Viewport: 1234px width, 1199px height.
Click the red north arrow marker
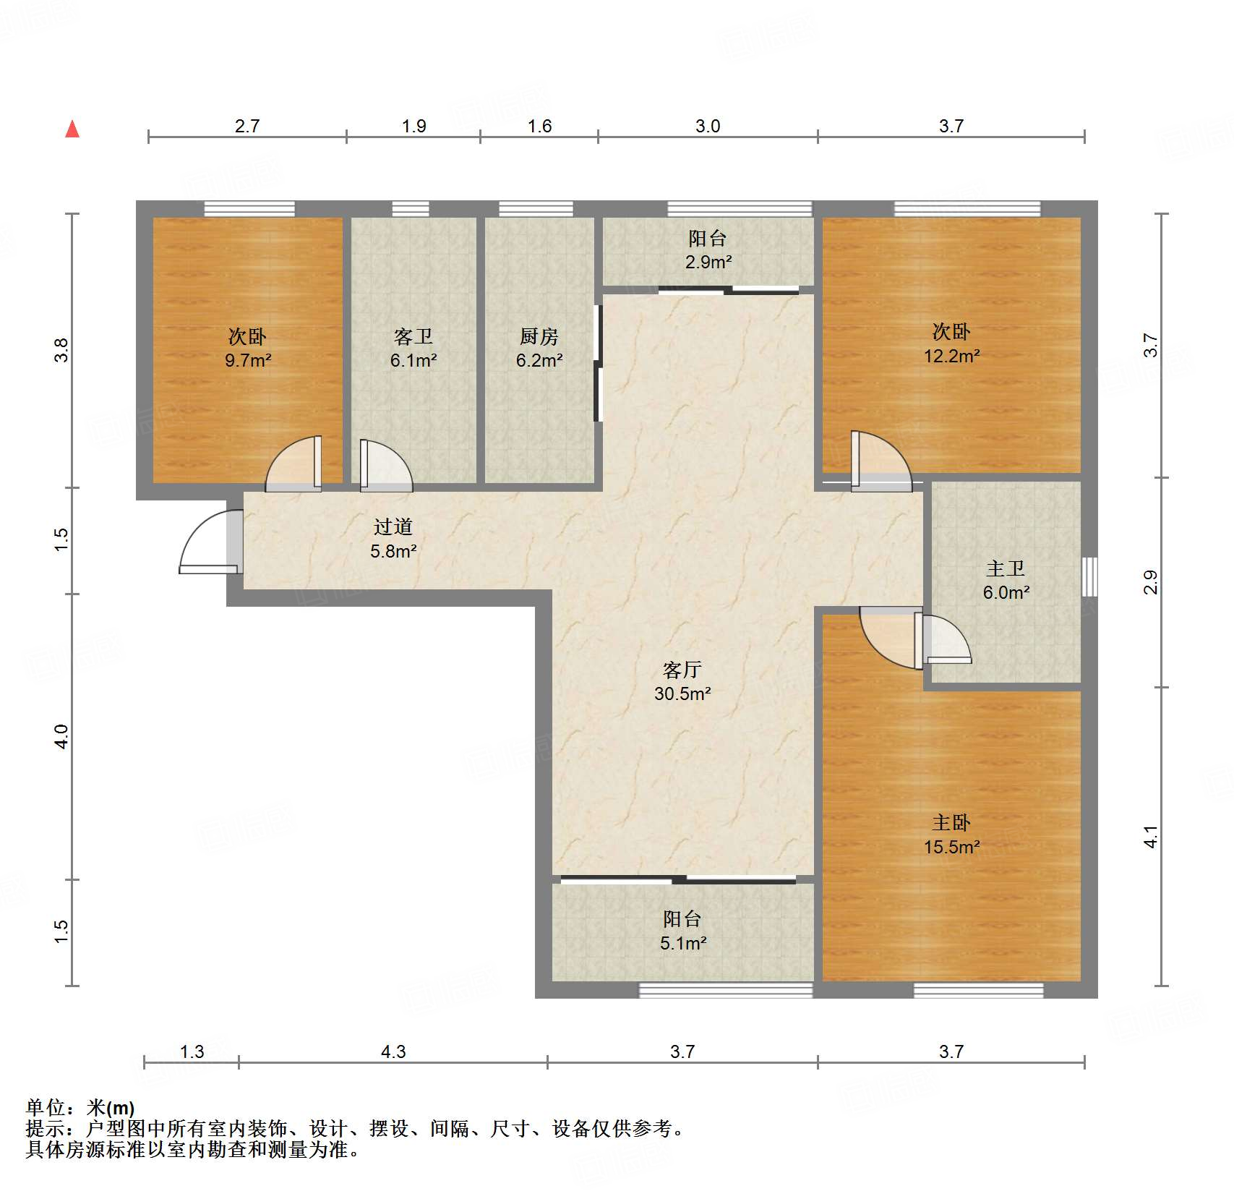point(72,129)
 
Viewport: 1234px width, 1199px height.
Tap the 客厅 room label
point(682,670)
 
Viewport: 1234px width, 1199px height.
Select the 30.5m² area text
point(682,694)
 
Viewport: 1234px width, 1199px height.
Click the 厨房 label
point(539,337)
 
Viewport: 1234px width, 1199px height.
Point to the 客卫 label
point(413,337)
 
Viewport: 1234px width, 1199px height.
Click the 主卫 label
point(1005,568)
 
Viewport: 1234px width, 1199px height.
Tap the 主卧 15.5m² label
point(951,835)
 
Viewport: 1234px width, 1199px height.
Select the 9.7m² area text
point(247,361)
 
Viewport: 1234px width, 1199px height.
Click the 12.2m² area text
point(951,356)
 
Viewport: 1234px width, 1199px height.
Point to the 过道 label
point(393,527)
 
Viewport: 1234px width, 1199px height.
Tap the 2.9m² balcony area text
point(708,263)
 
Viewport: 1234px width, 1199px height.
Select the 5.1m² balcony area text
point(682,944)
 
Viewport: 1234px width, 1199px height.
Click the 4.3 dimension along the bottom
point(393,1051)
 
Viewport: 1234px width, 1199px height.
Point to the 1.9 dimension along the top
point(414,127)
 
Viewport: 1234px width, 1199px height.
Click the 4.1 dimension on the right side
point(1150,837)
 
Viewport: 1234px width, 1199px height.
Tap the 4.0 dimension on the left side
point(61,736)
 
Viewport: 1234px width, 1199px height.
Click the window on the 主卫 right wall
point(1089,576)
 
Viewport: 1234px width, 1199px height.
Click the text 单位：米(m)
point(80,1107)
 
